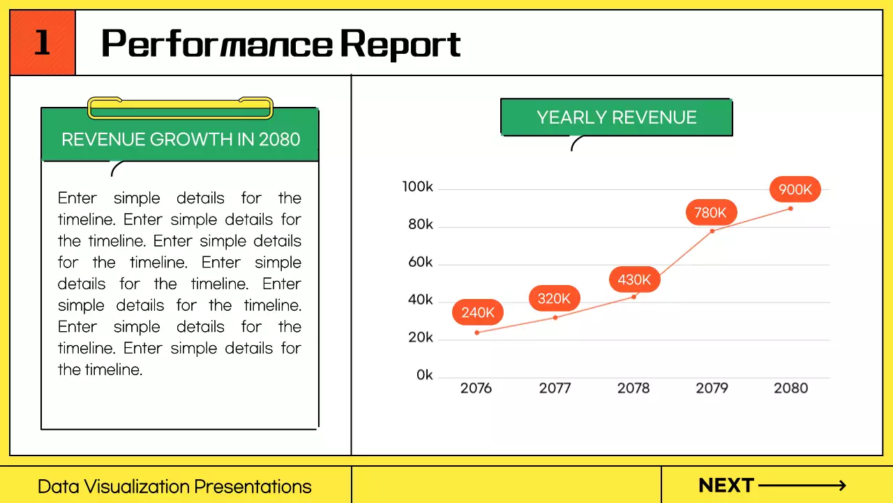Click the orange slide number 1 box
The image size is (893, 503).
point(43,43)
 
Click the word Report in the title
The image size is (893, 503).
point(400,44)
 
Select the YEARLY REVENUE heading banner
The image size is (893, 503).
point(617,117)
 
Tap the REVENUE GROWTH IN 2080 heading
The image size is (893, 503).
point(181,139)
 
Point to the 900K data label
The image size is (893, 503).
point(795,189)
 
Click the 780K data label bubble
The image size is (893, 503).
point(710,212)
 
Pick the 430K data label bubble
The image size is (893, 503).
point(634,280)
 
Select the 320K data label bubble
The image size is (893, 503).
point(554,299)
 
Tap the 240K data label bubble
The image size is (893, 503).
point(478,312)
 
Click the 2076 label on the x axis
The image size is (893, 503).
point(476,388)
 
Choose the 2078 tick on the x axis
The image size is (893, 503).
point(633,388)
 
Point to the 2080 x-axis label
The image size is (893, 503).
point(790,388)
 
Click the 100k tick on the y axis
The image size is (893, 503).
point(418,187)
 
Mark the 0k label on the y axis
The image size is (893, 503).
point(425,376)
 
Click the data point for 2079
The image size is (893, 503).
point(712,231)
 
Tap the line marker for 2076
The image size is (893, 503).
point(477,333)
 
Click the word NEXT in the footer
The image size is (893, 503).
point(726,486)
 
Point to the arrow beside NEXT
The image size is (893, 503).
point(802,486)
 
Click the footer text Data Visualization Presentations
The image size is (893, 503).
point(174,487)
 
